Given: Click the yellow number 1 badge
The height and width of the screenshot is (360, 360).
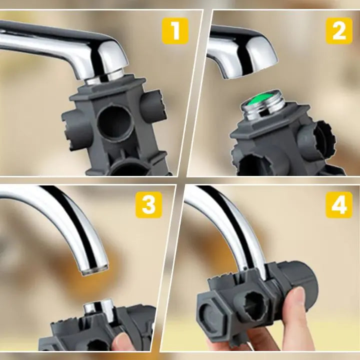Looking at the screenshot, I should point(175,31).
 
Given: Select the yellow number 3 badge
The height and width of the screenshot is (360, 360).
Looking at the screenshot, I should point(149,205).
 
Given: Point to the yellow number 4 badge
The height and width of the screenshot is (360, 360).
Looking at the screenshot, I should point(339,205).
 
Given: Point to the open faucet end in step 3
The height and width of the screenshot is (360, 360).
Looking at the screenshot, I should point(94,269).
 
